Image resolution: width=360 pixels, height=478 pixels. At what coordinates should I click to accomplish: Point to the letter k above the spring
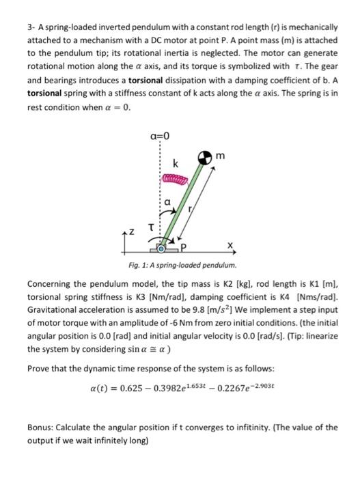click(x=176, y=165)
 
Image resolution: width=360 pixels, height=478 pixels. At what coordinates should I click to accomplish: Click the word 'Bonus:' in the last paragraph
click(x=43, y=427)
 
